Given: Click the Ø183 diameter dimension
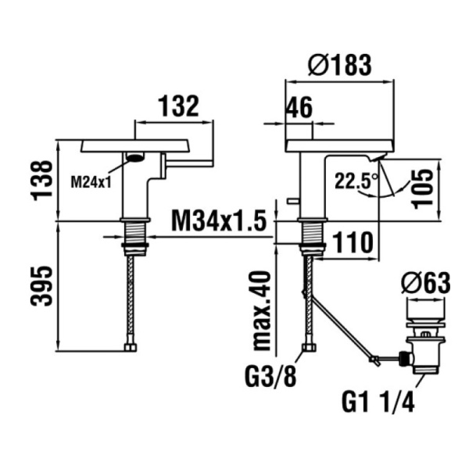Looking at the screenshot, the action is [340, 65].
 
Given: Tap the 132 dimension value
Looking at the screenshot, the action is [178, 106].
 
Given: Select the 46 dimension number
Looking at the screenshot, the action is [299, 107].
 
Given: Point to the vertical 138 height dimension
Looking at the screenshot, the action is [41, 181].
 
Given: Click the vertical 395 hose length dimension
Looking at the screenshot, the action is [41, 286].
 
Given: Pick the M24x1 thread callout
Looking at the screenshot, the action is [91, 182].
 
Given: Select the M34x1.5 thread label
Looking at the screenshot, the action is [219, 221].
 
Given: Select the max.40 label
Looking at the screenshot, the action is [262, 310].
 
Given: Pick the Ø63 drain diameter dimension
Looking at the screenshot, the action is [425, 283].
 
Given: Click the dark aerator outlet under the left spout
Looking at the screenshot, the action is [135, 157].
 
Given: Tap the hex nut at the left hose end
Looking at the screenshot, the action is [131, 347].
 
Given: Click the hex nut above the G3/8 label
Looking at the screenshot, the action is [310, 348].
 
